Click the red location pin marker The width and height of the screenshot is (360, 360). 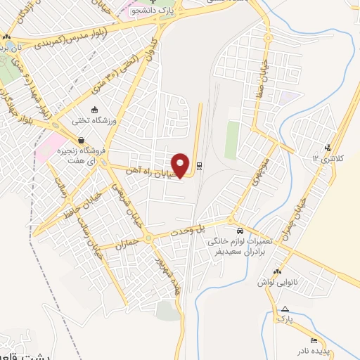click(x=181, y=165)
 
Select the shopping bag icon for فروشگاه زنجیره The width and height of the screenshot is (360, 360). click(x=83, y=140)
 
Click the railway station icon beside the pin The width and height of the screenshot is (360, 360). click(x=199, y=166)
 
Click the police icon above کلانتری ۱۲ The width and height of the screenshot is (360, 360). click(x=328, y=147)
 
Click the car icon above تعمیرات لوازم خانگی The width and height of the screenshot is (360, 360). click(x=240, y=231)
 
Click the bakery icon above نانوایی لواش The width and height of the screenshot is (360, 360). click(x=277, y=271)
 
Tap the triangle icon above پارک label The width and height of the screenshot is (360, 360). click(x=285, y=309)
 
